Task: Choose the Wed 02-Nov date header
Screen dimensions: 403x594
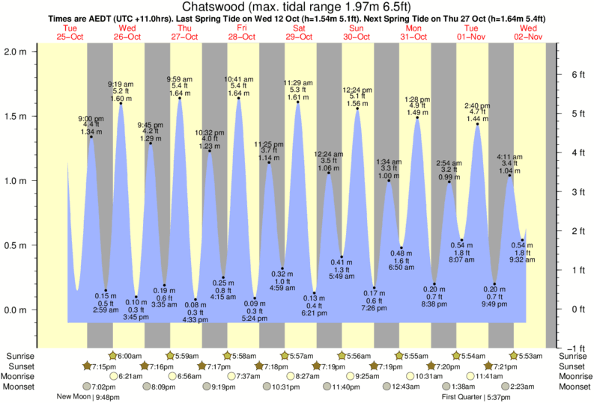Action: (529, 31)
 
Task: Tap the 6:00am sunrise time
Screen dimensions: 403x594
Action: (130, 355)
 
